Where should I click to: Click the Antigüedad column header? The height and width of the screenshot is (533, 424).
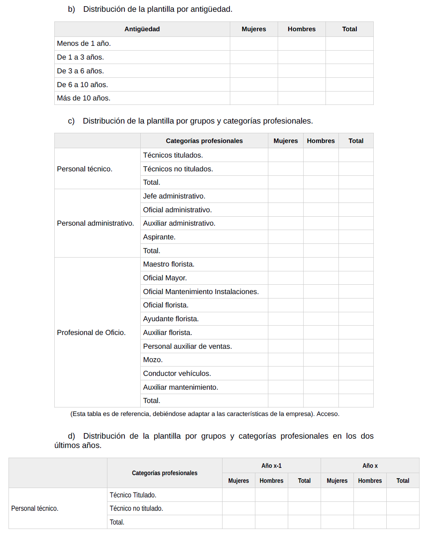142,29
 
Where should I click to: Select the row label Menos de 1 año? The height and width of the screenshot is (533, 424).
84,43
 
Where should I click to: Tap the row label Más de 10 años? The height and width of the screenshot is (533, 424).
84,98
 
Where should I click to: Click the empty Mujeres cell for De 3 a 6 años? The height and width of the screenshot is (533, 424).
254,71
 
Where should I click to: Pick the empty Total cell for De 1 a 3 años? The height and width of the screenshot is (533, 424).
349,57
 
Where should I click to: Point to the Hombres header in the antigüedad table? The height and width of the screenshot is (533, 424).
302,29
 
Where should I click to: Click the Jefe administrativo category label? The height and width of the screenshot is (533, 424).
174,196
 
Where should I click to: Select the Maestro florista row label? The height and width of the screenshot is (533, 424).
169,264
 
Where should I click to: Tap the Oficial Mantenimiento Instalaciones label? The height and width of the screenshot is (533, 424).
201,292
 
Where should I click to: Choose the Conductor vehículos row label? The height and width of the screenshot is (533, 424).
177,373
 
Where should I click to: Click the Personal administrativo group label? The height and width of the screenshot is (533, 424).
95,223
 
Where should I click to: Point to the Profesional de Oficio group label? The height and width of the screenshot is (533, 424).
91,333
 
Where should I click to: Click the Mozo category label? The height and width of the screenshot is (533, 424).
153,360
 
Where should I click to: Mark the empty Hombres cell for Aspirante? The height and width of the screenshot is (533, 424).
321,237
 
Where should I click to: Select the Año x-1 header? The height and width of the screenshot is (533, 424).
271,466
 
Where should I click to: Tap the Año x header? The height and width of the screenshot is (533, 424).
370,466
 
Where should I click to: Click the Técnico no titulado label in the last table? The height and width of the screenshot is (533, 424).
136,508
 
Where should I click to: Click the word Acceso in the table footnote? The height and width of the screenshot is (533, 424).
328,414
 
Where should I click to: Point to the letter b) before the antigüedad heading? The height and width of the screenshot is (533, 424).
71,9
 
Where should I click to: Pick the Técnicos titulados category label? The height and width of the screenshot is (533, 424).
173,155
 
